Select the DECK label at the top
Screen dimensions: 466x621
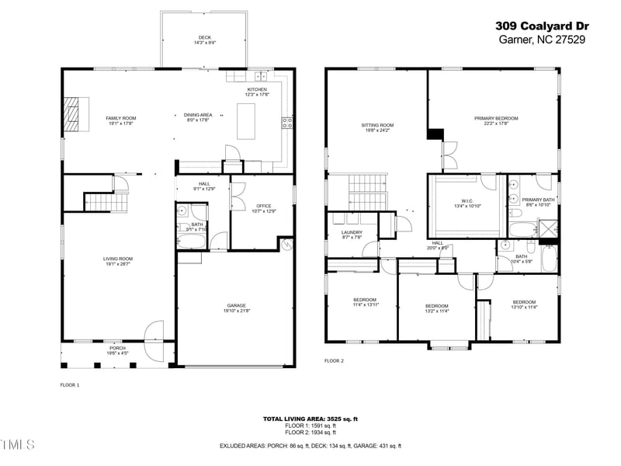pyautogui.click(x=204, y=37)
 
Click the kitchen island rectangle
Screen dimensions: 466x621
pyautogui.click(x=246, y=120)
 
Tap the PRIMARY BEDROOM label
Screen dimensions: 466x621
pyautogui.click(x=496, y=118)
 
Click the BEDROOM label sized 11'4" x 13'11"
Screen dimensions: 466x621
pyautogui.click(x=365, y=300)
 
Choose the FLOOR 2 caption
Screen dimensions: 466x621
pyautogui.click(x=334, y=361)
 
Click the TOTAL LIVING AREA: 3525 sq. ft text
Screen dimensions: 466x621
pyautogui.click(x=310, y=419)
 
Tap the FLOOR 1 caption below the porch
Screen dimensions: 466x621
pyautogui.click(x=70, y=384)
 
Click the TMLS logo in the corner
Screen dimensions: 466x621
pyautogui.click(x=17, y=445)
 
